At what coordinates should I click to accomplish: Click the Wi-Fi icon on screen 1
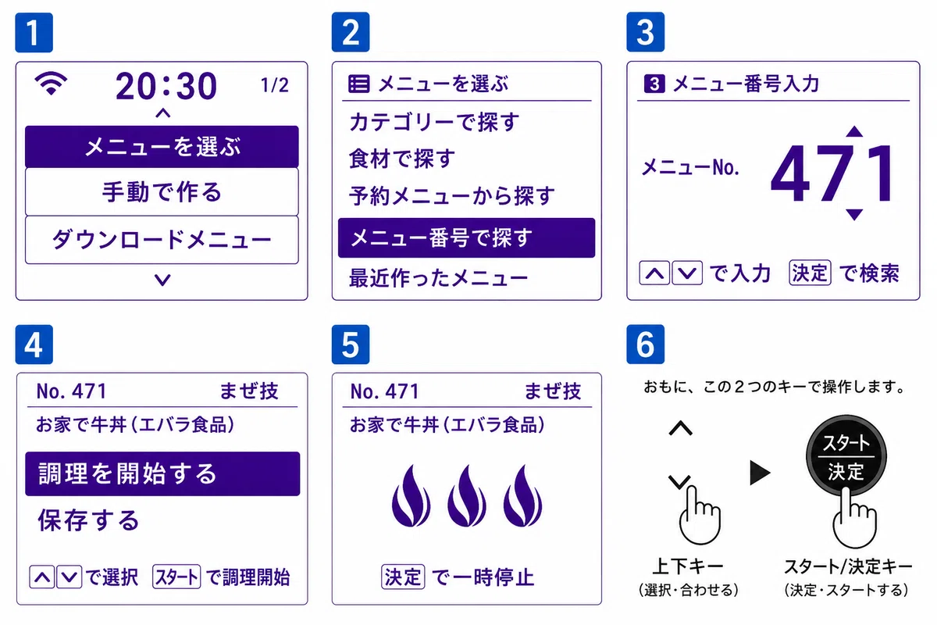51,84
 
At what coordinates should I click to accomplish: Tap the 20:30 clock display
166,86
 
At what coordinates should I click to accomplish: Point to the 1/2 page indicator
274,85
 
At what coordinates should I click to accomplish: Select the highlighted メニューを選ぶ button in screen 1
162,147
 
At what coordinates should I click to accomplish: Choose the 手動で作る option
162,192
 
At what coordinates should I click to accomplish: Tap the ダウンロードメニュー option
162,240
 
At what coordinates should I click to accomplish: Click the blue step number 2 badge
351,32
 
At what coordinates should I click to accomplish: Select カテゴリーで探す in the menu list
434,122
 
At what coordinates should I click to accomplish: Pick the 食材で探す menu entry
402,159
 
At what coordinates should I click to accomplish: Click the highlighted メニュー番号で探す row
466,237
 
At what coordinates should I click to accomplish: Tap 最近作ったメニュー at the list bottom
438,278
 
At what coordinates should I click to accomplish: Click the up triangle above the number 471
854,131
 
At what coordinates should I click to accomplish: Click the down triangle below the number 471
854,214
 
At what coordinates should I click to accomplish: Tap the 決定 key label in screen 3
810,273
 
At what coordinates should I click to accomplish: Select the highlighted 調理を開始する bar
162,473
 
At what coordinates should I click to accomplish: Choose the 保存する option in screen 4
88,520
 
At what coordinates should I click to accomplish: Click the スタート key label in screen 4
176,577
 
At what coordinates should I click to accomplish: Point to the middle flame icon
467,495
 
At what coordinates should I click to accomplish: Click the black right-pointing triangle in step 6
760,473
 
